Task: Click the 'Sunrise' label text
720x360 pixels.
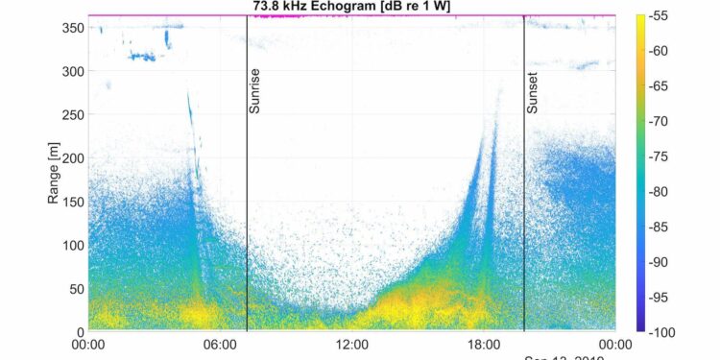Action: click(254, 91)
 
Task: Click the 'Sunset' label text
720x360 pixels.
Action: click(532, 92)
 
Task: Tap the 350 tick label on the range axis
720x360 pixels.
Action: click(73, 28)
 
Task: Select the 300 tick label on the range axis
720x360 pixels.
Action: click(73, 71)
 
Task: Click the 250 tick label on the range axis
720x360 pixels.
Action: click(73, 114)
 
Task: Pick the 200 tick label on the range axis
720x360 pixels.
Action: click(73, 157)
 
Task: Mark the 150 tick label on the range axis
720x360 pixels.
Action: click(73, 202)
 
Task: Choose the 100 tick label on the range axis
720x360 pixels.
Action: click(73, 245)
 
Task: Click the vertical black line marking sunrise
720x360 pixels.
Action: click(247, 211)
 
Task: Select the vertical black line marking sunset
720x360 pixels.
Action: click(524, 211)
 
